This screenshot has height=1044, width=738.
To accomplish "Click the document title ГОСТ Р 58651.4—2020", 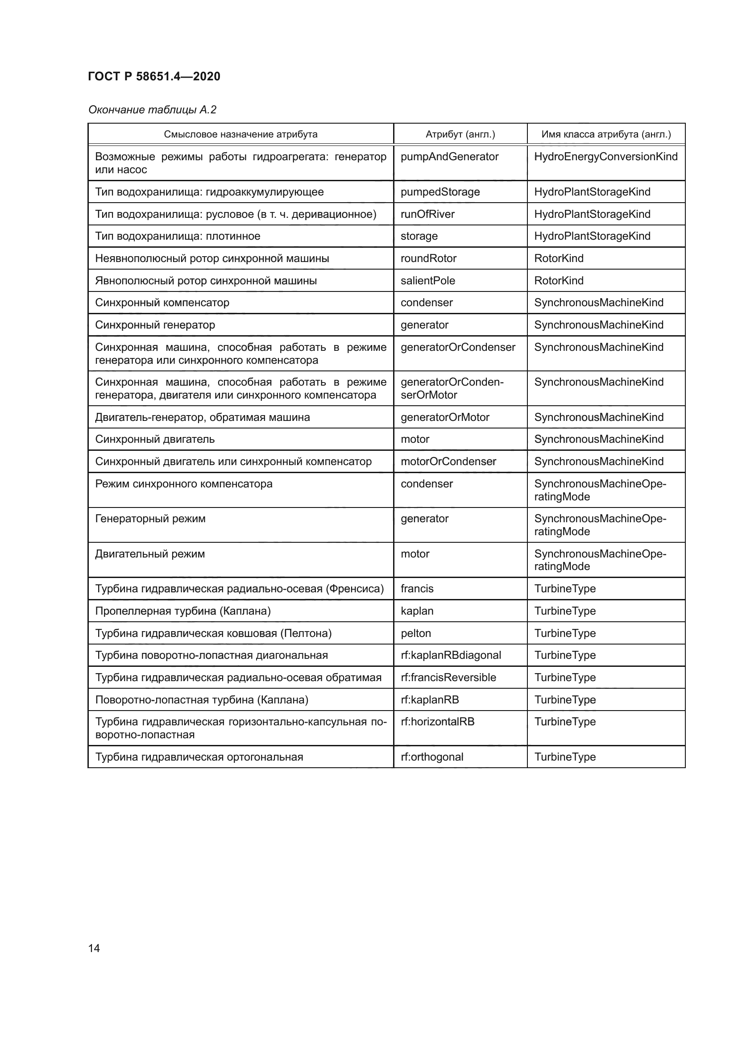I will point(154,76).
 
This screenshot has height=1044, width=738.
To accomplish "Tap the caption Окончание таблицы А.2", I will point(152,110).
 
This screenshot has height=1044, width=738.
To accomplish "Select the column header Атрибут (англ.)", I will point(460,134).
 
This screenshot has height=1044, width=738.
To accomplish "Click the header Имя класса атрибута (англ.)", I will point(606,134).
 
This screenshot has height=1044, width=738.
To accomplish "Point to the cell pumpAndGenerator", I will point(449,157).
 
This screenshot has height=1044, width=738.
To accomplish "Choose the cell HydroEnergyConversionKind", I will point(606,157).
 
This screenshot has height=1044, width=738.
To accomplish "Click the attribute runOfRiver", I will point(427,214).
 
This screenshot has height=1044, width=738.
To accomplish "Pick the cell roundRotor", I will point(428,258).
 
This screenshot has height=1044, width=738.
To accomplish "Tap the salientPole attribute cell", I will point(427,281).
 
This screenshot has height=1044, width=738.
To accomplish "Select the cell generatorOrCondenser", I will point(458,347).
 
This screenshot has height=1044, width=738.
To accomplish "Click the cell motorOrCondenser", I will point(448,462).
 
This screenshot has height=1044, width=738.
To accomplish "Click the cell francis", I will point(417,589).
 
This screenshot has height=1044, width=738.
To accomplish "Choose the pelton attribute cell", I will point(415,633).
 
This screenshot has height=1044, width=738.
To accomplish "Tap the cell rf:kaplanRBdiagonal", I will point(450,655).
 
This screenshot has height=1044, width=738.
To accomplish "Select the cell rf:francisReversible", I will point(448,678).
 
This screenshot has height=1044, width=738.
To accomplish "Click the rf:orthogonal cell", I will point(432,757).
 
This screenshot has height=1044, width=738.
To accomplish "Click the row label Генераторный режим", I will point(150,519).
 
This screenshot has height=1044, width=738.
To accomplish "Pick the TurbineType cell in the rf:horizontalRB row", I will point(564,722).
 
